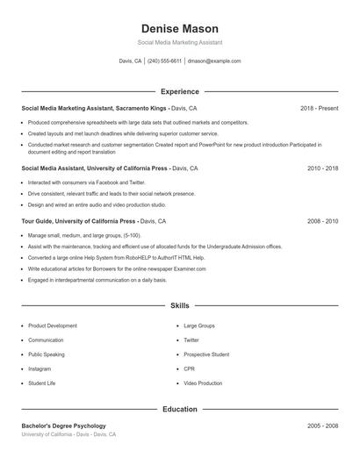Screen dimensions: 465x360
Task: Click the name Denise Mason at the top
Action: [179, 28]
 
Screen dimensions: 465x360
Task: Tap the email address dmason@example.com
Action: [214, 61]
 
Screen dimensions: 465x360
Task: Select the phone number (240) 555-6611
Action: [164, 61]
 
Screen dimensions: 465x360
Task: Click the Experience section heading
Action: [179, 91]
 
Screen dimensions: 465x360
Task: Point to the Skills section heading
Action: [179, 305]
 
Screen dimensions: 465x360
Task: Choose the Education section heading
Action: [179, 409]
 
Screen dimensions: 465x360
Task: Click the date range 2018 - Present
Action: [319, 108]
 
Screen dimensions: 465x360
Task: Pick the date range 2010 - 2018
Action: [322, 168]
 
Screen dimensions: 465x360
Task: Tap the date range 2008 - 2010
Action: [322, 222]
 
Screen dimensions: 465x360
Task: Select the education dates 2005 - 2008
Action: [322, 426]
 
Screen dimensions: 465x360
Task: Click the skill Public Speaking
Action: [47, 354]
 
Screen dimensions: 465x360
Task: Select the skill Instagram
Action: [40, 369]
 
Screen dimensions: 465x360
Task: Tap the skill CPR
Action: [189, 369]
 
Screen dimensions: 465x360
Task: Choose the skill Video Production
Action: [203, 383]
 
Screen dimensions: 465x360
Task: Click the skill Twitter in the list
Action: [191, 340]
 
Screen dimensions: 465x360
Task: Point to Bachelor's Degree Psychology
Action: [63, 426]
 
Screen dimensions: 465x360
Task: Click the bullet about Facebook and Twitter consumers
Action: [86, 182]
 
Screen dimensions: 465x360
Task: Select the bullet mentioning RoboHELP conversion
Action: [116, 258]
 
